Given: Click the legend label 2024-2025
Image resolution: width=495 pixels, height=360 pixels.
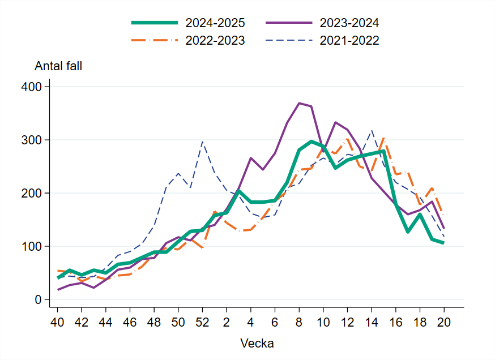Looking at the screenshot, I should pos(215,23).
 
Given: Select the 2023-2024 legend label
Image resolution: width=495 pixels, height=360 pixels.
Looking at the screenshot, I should pos(349,23).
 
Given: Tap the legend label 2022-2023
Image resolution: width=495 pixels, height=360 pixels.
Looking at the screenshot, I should pos(215,41).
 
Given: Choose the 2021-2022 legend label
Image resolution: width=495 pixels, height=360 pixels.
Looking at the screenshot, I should pos(349,41).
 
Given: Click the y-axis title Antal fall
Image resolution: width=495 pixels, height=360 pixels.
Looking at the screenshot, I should pos(58,66).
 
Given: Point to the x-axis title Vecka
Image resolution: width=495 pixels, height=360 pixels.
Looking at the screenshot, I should pos(257,343).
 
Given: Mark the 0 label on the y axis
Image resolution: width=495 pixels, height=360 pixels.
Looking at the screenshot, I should pos(39,299).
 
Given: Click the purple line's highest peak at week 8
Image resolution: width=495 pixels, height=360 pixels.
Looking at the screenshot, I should pos(299,103).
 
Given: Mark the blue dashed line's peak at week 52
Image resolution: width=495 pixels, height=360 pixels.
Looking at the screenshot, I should pos(202,142).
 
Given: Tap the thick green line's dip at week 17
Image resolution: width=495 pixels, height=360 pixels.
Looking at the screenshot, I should pos(407,232).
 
